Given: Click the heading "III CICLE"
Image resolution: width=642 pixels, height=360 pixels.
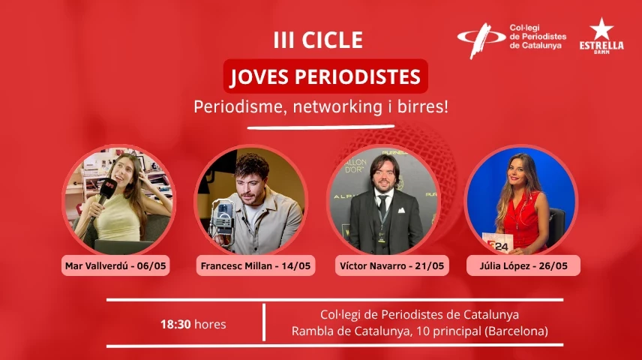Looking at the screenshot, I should (318, 40).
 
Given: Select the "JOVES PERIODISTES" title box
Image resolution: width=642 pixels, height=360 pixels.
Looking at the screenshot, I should (325, 77).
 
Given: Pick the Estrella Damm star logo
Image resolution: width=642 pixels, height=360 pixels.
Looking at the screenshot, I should (601, 29).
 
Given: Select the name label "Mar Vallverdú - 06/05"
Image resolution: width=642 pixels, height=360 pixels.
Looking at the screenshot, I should (118, 265).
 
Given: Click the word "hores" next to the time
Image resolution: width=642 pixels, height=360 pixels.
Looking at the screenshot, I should (210, 325).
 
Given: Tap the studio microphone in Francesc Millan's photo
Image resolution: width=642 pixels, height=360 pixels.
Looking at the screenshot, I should (223, 217).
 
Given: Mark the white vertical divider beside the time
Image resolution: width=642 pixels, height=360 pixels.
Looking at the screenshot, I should (264, 322).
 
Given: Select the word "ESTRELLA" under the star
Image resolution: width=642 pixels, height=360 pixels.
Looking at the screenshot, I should (601, 45).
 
